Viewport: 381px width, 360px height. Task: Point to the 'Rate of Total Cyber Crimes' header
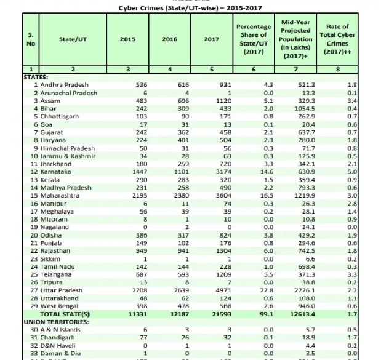337,38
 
